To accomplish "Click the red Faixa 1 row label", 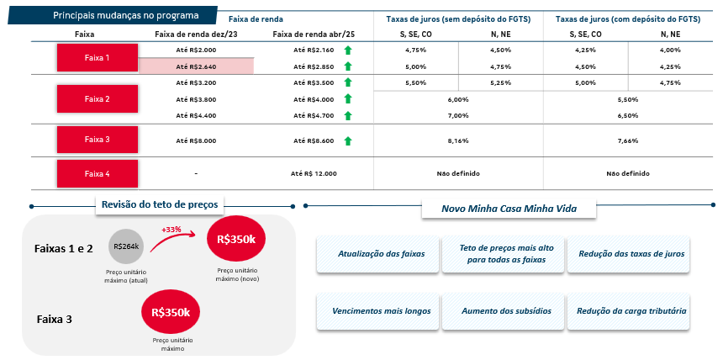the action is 98,58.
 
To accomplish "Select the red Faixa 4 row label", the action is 98,173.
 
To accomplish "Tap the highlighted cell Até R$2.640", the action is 197,66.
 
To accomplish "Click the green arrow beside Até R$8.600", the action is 348,140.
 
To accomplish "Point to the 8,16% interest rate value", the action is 458,140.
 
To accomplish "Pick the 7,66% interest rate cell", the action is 627,140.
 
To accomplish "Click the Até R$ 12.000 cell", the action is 314,173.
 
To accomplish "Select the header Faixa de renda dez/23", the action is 197,34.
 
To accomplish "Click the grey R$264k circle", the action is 127,246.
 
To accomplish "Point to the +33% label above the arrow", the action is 171,230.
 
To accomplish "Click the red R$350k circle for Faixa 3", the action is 171,312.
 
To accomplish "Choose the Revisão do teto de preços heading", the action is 160,204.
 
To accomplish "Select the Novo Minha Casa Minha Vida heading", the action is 509,209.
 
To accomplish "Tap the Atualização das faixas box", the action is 378,254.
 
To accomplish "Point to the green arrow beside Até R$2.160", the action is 348,50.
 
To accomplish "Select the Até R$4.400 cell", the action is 197,116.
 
